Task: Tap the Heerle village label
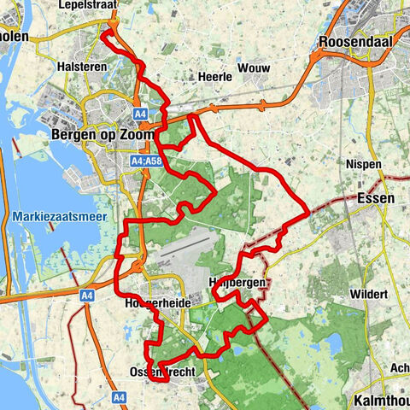pyautogui.click(x=214, y=76)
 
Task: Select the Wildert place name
pyautogui.click(x=367, y=295)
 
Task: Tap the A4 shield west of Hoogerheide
pyautogui.click(x=86, y=296)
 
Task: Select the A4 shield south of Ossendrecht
pyautogui.click(x=119, y=396)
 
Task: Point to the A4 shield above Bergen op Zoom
pyautogui.click(x=140, y=111)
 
